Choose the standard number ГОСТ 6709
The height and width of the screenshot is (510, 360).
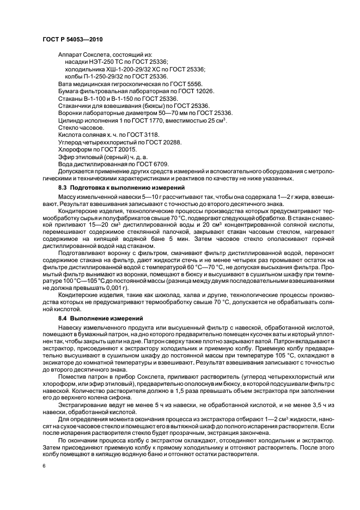pos(153,163)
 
